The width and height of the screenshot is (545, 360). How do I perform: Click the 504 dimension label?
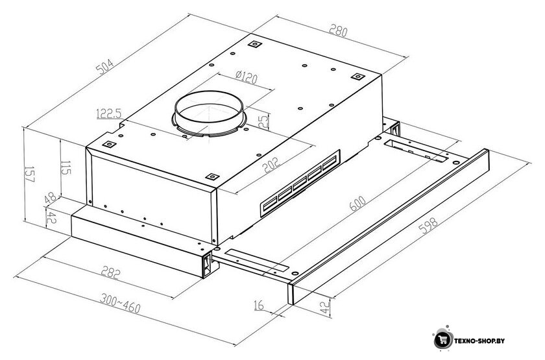[x=104, y=67]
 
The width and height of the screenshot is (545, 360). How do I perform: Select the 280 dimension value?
[x=338, y=30]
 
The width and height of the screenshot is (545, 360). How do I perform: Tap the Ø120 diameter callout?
[x=247, y=77]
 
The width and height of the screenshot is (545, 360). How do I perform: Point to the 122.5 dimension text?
[x=109, y=114]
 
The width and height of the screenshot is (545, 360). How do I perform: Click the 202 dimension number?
[x=271, y=165]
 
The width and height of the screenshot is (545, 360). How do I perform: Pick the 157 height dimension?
[x=30, y=174]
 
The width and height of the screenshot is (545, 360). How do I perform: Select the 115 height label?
[x=66, y=168]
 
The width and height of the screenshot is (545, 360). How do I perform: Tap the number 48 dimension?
[x=51, y=198]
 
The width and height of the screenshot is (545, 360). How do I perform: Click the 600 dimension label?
[x=357, y=204]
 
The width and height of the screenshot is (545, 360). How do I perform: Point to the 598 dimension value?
[x=428, y=226]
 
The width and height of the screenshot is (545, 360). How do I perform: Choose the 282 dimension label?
[x=111, y=272]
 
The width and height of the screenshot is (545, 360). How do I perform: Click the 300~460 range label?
[x=120, y=303]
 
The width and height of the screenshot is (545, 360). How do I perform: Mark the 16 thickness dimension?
[x=259, y=306]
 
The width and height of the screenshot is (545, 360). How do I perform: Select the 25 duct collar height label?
[x=264, y=121]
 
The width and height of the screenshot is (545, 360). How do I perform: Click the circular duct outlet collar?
[x=209, y=114]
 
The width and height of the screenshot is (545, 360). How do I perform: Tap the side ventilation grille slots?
[x=300, y=183]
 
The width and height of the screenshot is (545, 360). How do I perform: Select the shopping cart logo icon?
[x=443, y=338]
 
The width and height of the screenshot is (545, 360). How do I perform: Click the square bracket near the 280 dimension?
[x=357, y=77]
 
